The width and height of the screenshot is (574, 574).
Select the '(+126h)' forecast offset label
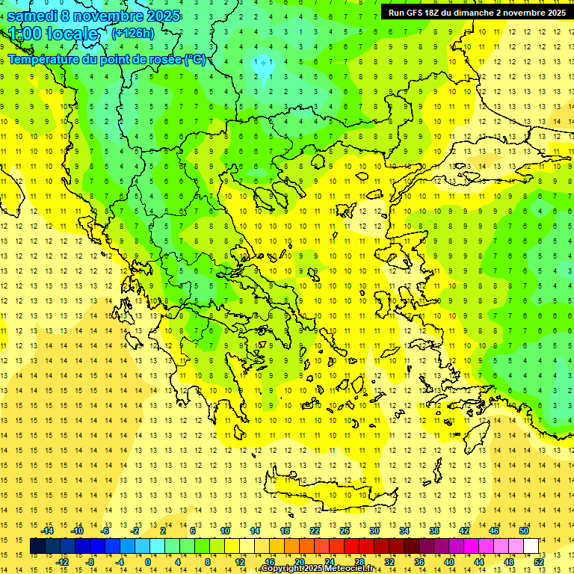coord(133,33)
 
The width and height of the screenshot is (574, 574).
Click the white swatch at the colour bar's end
coord(531,546)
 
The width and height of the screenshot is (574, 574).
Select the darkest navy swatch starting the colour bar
coord(37,546)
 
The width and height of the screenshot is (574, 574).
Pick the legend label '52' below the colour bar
coord(539,561)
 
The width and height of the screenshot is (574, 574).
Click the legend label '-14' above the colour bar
coord(48,531)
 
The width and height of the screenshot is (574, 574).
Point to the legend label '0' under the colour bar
coord(147,561)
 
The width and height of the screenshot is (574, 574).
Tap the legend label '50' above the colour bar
coord(523,531)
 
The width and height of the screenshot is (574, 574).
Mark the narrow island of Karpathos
coord(449,473)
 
